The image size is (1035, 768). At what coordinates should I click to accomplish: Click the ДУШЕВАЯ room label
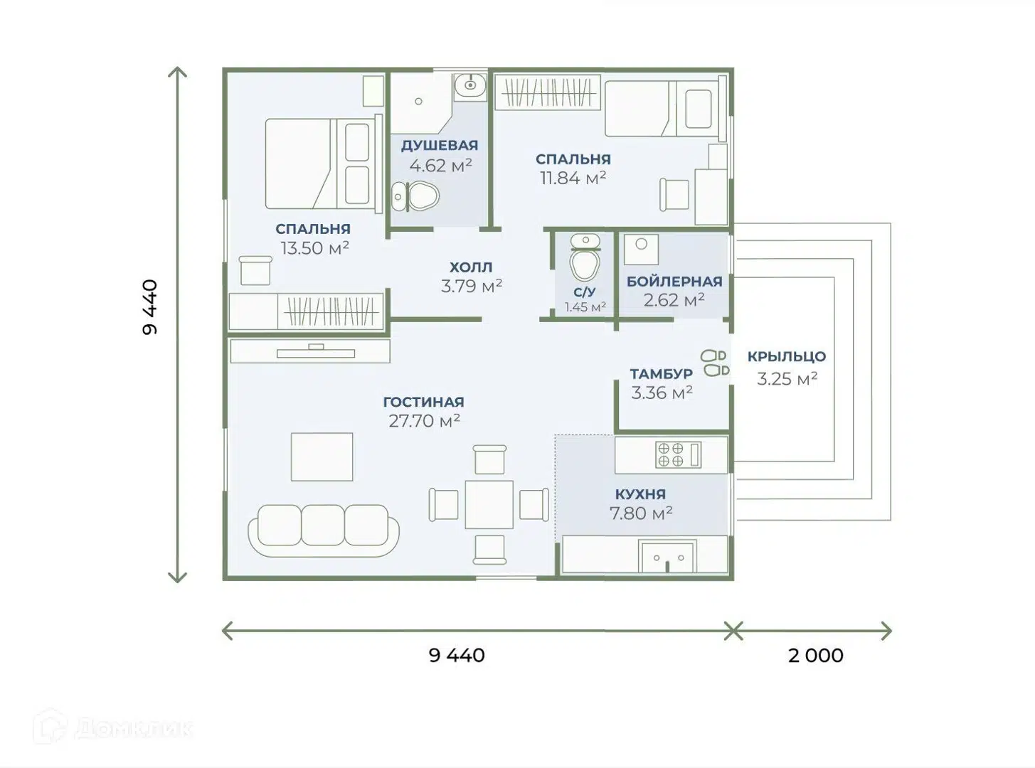(440, 146)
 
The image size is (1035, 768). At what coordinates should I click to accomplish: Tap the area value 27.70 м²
(424, 421)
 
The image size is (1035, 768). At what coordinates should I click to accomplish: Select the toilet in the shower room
(415, 196)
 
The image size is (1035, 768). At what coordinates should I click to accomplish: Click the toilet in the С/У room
(585, 258)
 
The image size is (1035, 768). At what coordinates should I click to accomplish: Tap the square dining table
(489, 504)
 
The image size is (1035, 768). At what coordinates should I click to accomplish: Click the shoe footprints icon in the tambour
(715, 363)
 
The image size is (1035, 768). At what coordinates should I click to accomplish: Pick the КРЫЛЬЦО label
(787, 356)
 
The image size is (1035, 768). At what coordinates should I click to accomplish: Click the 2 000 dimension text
(816, 656)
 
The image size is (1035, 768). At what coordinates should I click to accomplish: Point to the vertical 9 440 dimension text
(150, 307)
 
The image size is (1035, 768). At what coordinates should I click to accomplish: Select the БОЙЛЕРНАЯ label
(674, 282)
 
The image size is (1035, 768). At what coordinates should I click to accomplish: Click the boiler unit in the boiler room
(641, 250)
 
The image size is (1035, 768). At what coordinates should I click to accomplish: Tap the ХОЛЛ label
(471, 267)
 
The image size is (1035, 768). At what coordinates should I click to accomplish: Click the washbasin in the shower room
(470, 85)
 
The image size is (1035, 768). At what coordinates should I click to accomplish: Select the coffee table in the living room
(322, 457)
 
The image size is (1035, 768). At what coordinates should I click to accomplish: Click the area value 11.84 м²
(573, 178)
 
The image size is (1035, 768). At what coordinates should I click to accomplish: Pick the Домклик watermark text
(134, 729)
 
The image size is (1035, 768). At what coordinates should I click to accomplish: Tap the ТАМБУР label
(662, 374)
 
